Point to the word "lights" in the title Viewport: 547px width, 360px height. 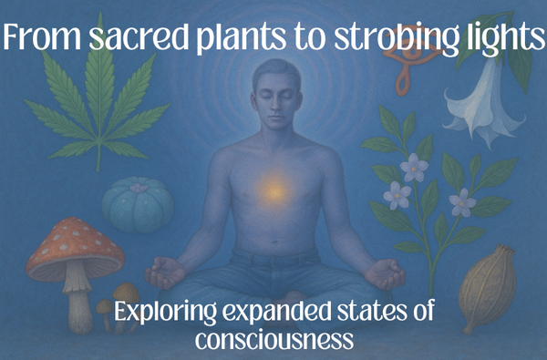[x=493, y=41]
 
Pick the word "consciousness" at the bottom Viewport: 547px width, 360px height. [x=273, y=340]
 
